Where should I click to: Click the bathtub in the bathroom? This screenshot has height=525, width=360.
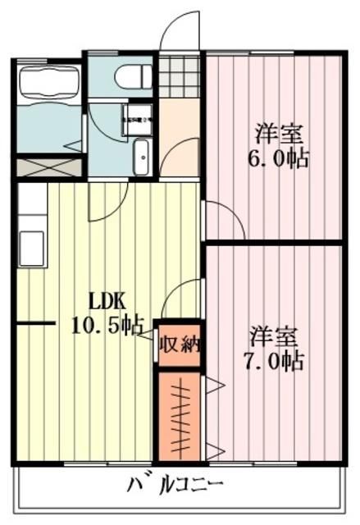tap(48, 83)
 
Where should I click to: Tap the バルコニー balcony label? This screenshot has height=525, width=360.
tap(175, 484)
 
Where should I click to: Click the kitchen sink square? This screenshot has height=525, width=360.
tap(32, 245)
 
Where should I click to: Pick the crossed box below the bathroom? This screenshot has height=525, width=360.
tap(48, 167)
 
